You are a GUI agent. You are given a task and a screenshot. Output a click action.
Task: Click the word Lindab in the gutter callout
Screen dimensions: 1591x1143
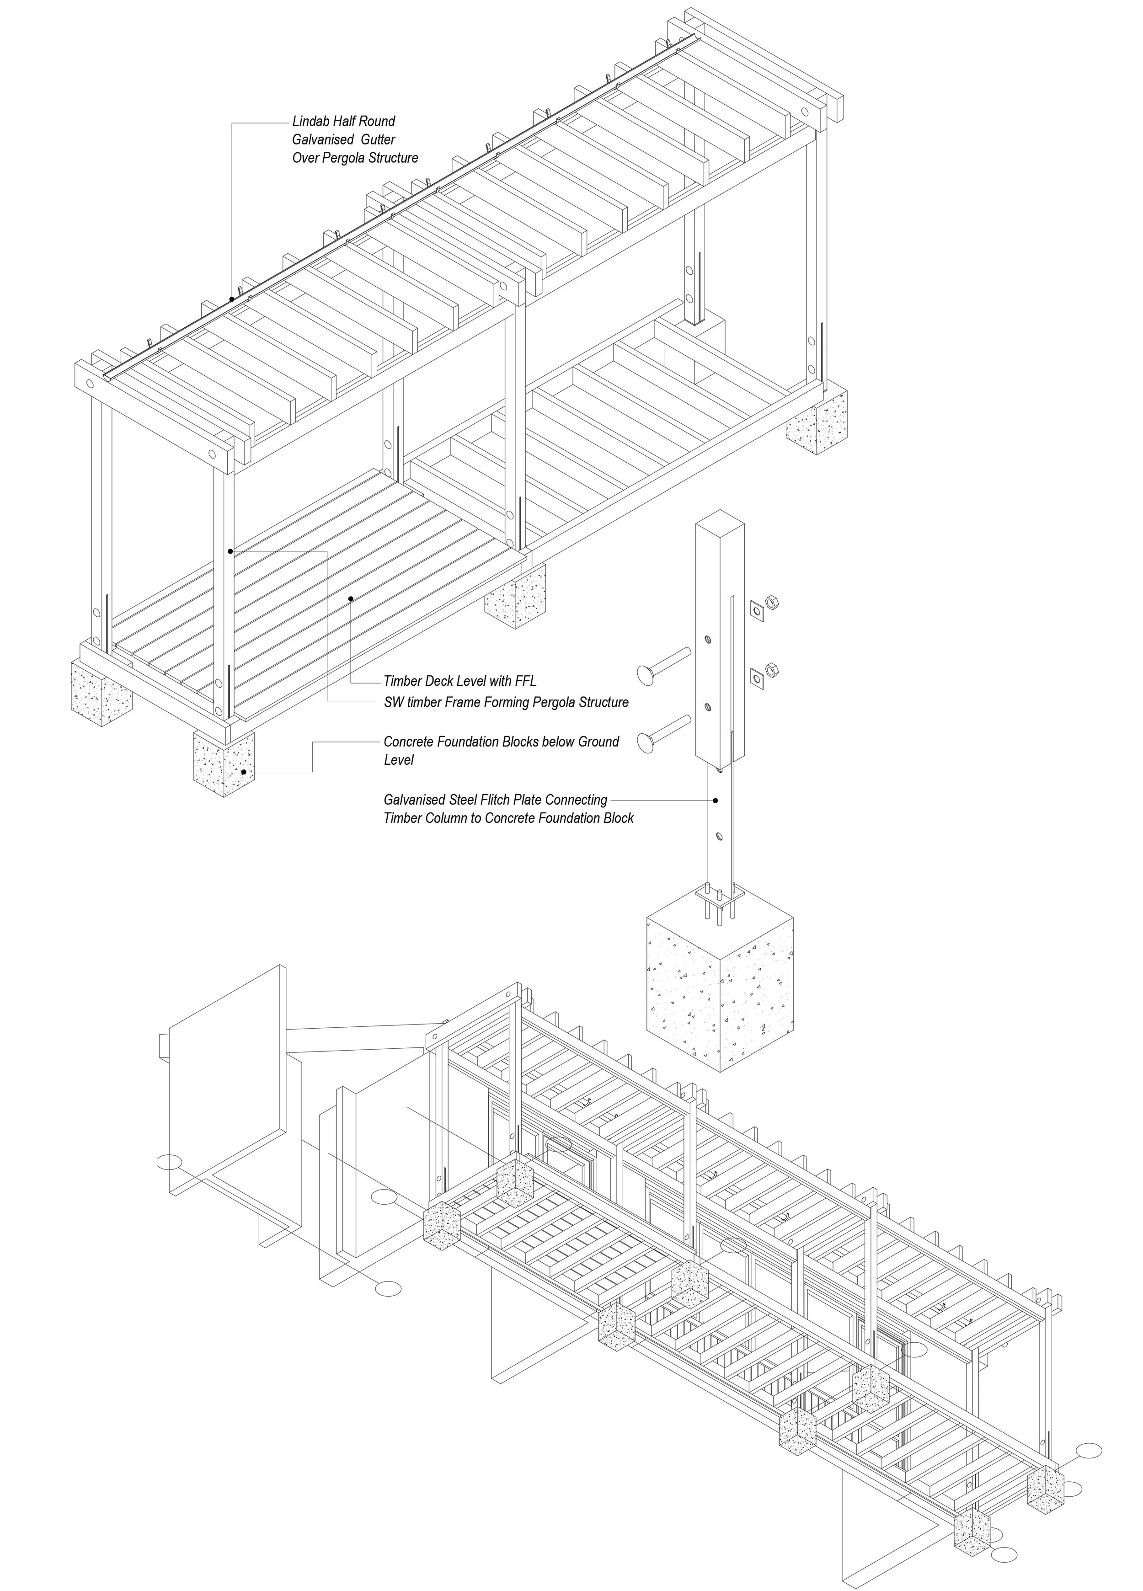pyautogui.click(x=311, y=121)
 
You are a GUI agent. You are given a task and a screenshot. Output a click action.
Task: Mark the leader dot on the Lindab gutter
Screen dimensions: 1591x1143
pyautogui.click(x=231, y=299)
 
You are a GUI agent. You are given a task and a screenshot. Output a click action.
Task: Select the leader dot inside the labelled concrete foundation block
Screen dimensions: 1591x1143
pyautogui.click(x=244, y=772)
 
